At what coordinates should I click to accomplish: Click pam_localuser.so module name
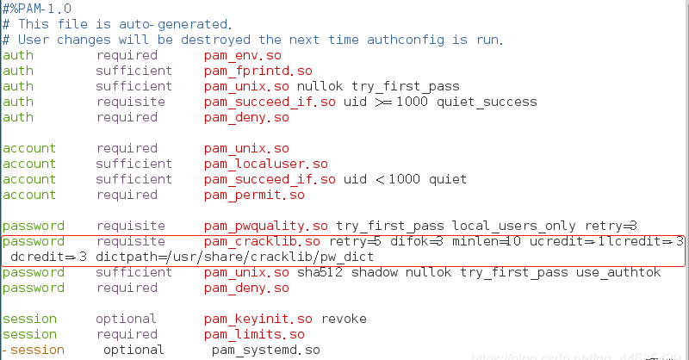[x=265, y=164]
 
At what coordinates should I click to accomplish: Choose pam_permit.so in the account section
[x=254, y=195]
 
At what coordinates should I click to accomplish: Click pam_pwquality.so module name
[x=266, y=226]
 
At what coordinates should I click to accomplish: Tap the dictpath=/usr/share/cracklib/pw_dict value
[x=235, y=257]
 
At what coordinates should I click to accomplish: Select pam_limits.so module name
[x=254, y=334]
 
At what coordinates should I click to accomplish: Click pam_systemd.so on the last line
[x=265, y=351]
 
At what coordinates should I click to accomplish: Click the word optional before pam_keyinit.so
[x=127, y=319]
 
